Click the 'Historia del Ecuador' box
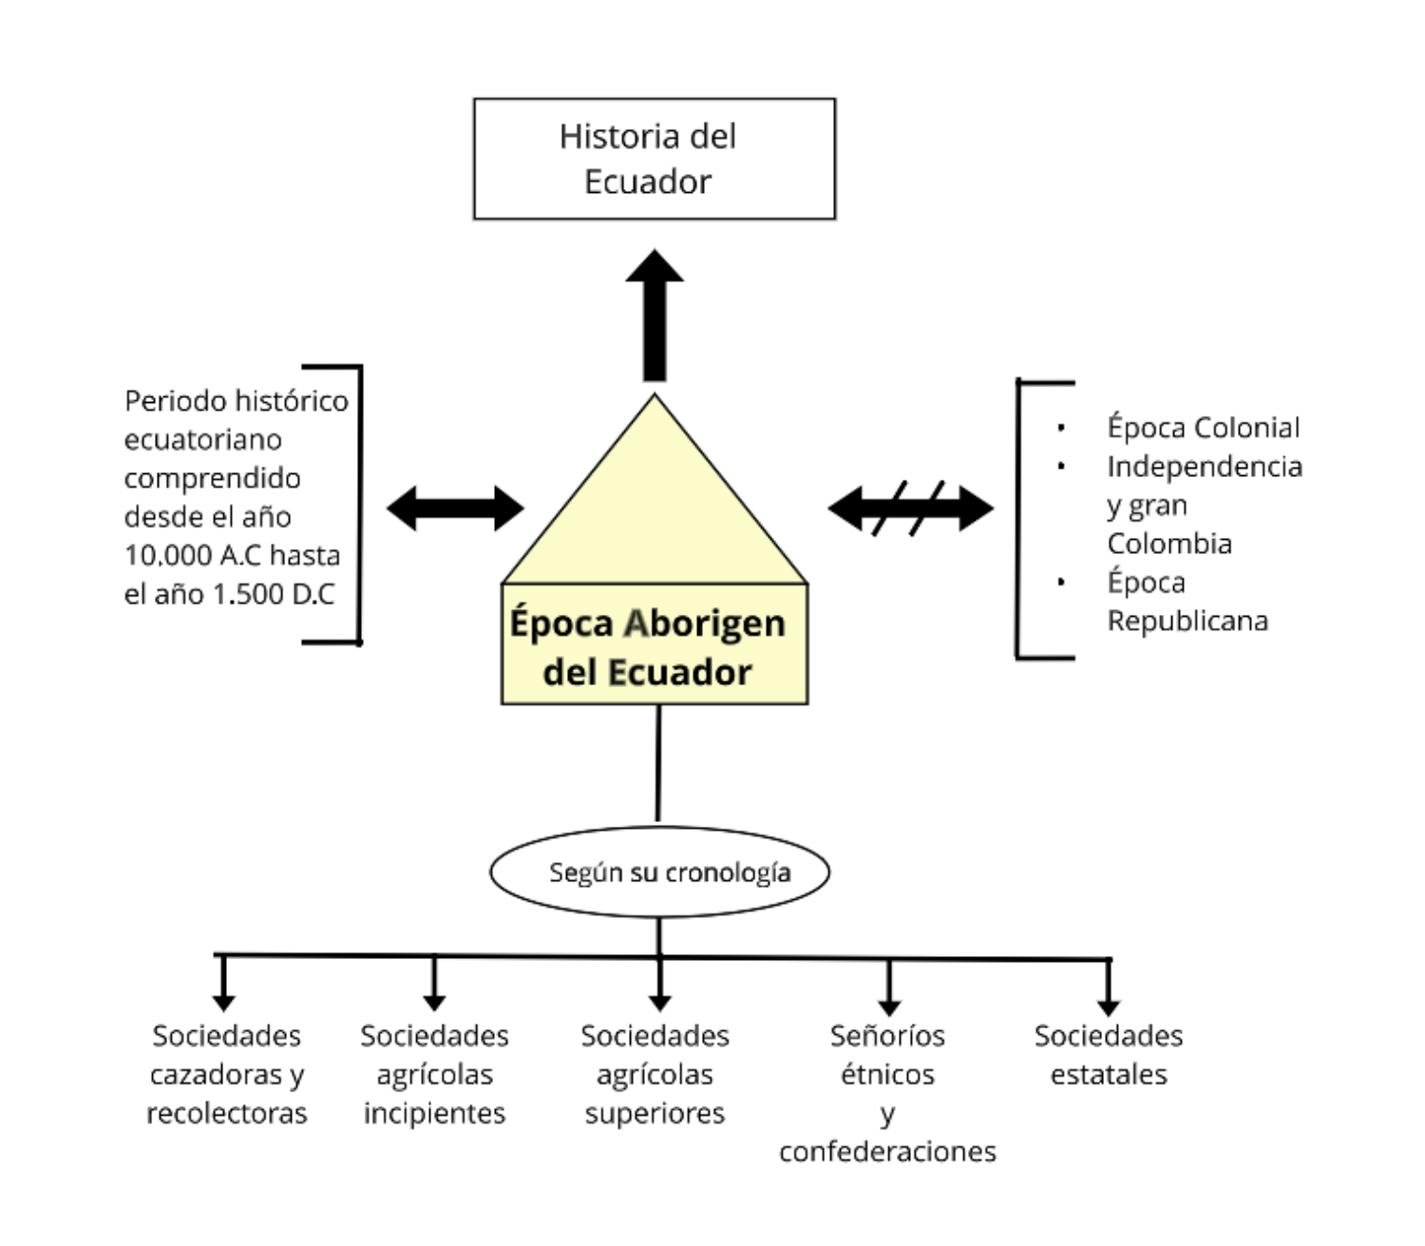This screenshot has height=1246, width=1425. (x=654, y=159)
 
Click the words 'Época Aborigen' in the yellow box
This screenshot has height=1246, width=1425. (x=648, y=623)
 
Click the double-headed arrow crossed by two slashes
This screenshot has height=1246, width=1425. (x=910, y=508)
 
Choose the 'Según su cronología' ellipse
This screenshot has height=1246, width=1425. (x=659, y=872)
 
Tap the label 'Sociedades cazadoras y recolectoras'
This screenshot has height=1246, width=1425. (x=227, y=1074)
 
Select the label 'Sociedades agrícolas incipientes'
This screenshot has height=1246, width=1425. (x=434, y=1074)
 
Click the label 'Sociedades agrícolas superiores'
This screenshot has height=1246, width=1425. (x=655, y=1074)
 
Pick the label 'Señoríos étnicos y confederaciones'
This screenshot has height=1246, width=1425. (x=887, y=1093)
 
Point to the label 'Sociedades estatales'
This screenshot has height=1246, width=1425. (x=1109, y=1055)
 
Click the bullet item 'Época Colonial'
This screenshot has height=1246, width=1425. (x=1203, y=428)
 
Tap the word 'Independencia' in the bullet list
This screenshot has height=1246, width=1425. (x=1204, y=467)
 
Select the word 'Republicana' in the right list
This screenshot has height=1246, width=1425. (x=1187, y=621)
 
